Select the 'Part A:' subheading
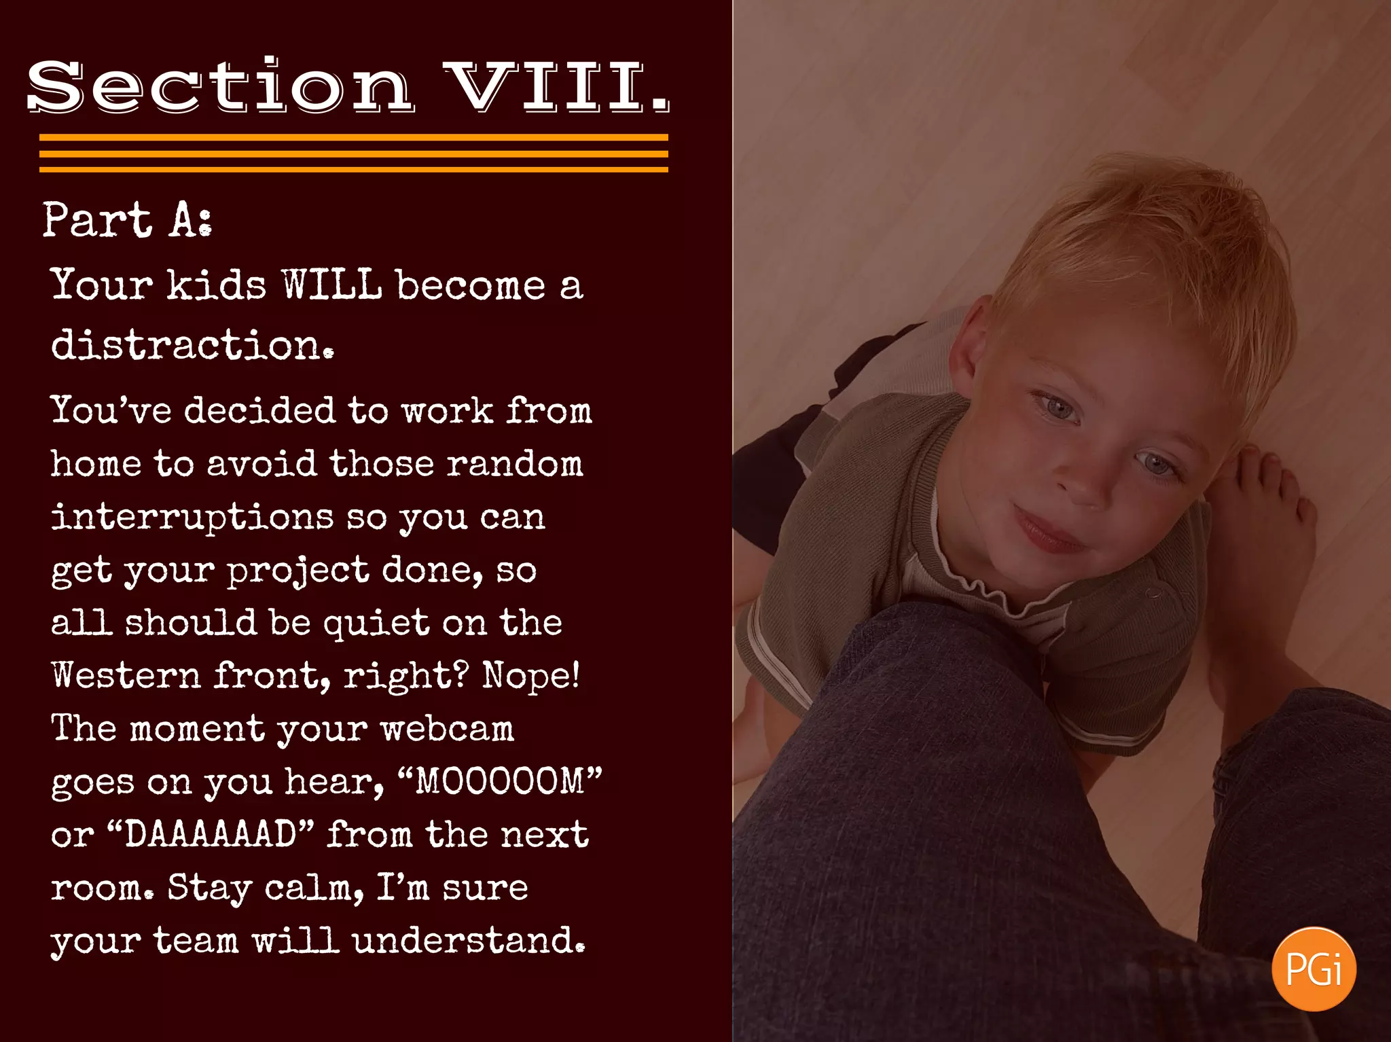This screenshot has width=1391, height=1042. point(127,220)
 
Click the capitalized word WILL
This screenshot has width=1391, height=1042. point(332,285)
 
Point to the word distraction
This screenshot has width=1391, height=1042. point(192,345)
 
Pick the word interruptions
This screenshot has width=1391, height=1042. point(192,518)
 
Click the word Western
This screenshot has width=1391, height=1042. point(126,675)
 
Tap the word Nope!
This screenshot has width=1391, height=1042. point(531,675)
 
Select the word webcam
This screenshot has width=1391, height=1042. point(447,729)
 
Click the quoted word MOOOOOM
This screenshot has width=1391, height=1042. point(500,781)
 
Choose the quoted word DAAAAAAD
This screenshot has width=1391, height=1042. point(211,834)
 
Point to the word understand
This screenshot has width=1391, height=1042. point(469,941)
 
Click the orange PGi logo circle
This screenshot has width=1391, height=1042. point(1314,969)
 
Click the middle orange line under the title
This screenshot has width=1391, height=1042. point(353,154)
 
